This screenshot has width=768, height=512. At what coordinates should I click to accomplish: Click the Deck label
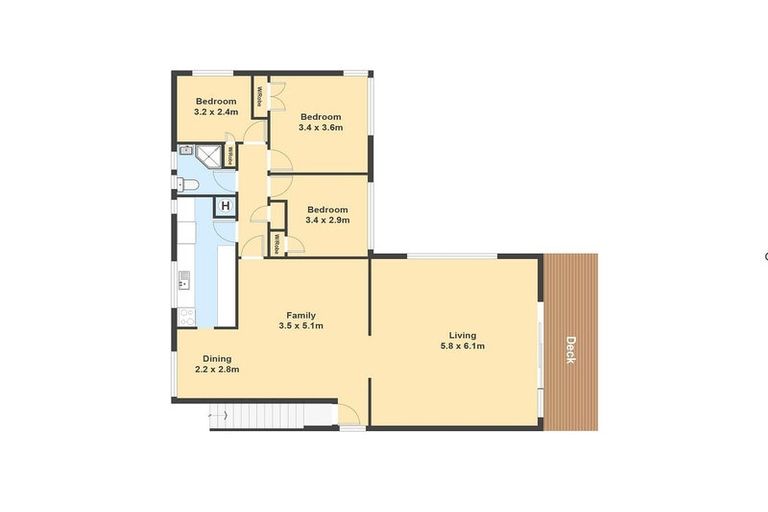570,348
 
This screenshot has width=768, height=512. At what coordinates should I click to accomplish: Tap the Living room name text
462,335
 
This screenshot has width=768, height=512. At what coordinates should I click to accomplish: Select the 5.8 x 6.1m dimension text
462,347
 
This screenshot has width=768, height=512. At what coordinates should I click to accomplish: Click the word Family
301,316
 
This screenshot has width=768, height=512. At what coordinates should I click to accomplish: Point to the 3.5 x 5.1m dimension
301,327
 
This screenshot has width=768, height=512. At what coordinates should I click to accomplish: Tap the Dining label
217,358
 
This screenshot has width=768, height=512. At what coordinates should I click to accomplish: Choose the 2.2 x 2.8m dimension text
217,369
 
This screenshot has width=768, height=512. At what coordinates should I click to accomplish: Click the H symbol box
226,207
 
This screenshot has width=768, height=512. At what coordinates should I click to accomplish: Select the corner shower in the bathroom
207,155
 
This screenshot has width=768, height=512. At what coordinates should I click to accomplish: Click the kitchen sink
184,279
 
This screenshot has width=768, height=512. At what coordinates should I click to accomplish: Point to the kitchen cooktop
186,316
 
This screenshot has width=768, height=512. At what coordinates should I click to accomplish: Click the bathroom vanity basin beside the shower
185,151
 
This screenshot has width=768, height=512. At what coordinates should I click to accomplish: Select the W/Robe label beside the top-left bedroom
258,98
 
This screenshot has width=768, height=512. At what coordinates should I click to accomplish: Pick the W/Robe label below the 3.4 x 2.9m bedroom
277,244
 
